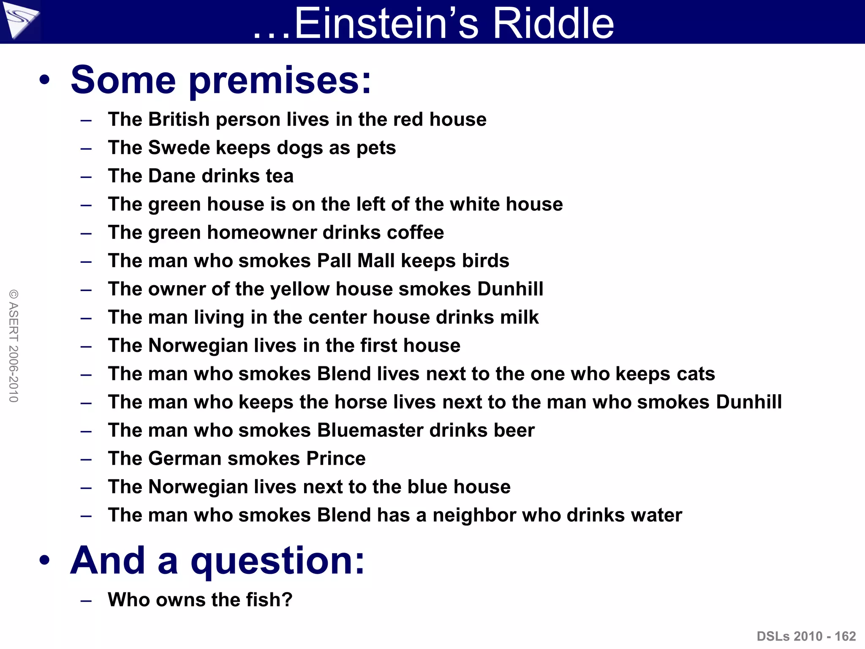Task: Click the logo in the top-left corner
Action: (x=20, y=20)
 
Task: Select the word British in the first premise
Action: (x=179, y=119)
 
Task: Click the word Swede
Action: (x=179, y=147)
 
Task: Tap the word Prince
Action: (x=336, y=458)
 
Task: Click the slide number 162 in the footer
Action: (x=845, y=636)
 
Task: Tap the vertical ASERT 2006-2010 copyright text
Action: (x=14, y=346)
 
